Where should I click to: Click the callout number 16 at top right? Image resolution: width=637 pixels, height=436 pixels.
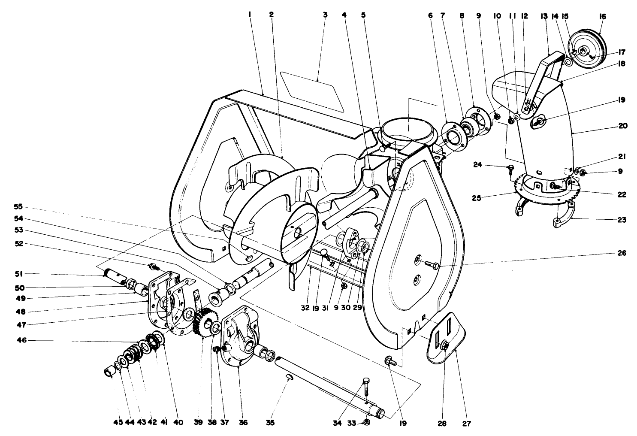pos(603,16)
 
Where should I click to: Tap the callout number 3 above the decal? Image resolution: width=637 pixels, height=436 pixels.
pos(325,15)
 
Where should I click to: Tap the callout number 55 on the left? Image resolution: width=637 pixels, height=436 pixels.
pos(18,206)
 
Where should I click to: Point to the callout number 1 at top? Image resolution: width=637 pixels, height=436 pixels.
pos(249,15)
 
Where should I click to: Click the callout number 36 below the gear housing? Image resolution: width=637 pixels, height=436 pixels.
pos(243,422)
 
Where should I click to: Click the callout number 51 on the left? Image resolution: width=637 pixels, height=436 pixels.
pos(18,273)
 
